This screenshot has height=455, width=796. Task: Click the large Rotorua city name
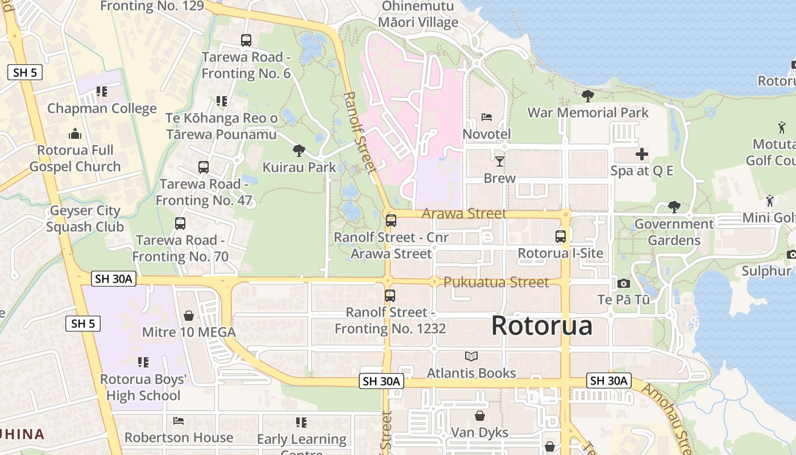541,326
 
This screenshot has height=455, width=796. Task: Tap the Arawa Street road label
464,214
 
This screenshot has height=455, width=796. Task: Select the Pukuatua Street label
496,282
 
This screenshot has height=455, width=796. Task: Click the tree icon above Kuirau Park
298,151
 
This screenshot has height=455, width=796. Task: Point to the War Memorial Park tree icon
587,96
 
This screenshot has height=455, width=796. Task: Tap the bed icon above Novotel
487,117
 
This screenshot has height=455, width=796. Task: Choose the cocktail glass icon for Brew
499,162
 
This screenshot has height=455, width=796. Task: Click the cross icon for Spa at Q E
641,154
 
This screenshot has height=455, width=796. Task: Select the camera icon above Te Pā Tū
623,283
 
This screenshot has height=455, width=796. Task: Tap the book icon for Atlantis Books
471,357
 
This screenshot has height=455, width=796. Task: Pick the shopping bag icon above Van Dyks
480,416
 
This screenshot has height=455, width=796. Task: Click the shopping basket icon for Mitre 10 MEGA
189,315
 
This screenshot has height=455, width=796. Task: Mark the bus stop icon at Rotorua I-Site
561,236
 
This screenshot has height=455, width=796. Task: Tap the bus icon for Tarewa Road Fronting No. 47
203,167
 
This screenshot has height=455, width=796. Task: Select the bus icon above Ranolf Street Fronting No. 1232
389,296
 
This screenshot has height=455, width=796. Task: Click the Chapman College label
102,109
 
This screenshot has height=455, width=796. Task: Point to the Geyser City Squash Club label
85,218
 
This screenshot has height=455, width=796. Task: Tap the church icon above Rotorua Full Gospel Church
75,134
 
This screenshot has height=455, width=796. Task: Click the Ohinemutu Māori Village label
420,14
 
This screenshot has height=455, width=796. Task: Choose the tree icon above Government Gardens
674,207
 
